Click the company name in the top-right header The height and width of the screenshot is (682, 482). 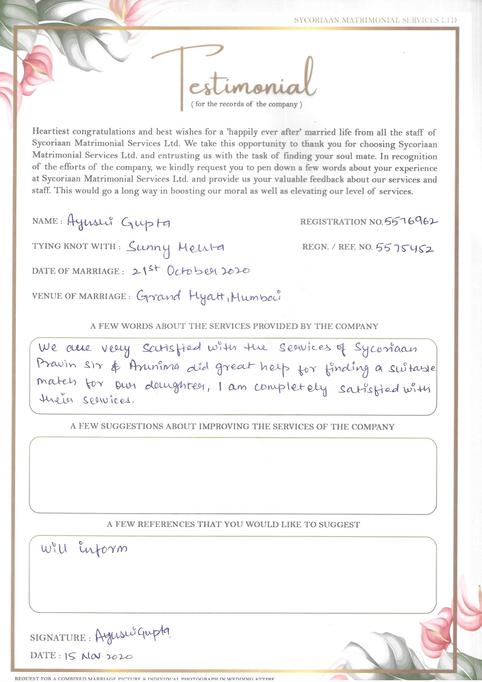coord(375,20)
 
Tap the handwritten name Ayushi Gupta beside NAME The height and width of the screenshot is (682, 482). coord(118,223)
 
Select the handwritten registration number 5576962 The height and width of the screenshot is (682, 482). coord(411,221)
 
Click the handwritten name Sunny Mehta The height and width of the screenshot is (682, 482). coord(175,248)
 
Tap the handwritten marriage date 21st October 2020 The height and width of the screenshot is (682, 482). coord(190,271)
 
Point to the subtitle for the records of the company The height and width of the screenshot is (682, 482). coord(246,104)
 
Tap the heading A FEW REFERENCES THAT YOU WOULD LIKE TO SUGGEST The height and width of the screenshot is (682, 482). coord(233,524)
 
